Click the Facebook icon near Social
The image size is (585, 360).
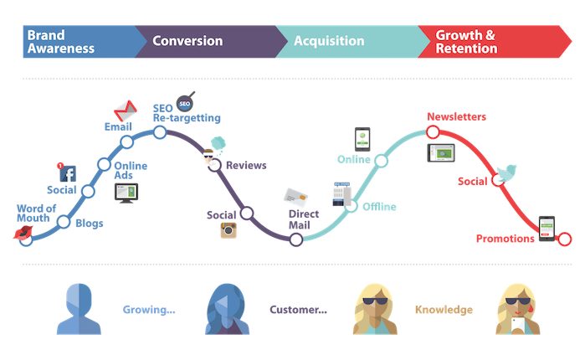(x=69, y=174)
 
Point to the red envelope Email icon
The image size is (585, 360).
(x=124, y=109)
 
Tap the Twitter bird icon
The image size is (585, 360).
(x=505, y=173)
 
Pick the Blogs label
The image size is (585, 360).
(x=90, y=224)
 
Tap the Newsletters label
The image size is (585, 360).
(x=456, y=116)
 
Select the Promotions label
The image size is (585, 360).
(x=505, y=239)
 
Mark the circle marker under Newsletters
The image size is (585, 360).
(x=433, y=133)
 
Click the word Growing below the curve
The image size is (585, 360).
(x=149, y=310)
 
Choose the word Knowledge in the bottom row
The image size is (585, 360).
(x=444, y=310)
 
